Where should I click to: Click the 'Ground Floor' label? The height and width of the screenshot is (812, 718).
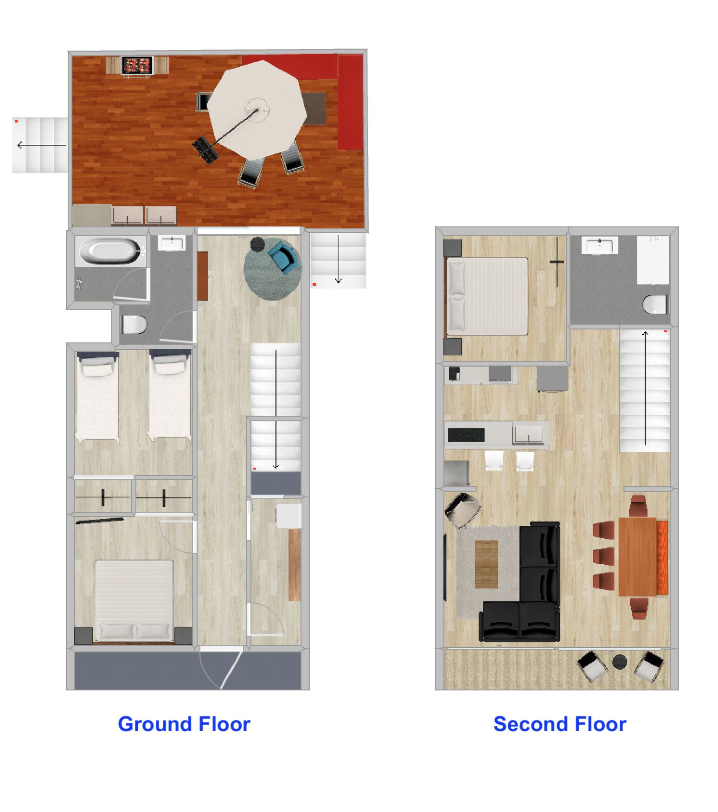(x=184, y=724)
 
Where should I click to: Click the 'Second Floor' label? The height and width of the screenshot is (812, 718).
(x=560, y=724)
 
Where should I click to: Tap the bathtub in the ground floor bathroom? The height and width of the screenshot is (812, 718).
(x=110, y=251)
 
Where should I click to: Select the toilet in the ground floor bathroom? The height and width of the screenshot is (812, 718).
(x=134, y=325)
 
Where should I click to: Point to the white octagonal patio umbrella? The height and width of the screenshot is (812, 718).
(x=257, y=110)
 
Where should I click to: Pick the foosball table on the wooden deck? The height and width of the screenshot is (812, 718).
(x=137, y=65)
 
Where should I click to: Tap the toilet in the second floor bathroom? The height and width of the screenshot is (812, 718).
(x=655, y=304)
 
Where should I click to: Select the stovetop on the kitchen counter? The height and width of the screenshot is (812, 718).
(x=466, y=435)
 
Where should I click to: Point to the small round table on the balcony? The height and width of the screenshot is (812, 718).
(x=620, y=662)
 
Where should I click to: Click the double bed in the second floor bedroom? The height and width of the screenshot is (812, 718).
(x=487, y=296)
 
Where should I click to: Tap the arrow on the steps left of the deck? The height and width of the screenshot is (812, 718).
(x=41, y=145)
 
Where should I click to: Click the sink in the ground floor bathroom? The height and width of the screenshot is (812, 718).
(x=172, y=243)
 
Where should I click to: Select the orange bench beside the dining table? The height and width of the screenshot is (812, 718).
(x=662, y=557)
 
